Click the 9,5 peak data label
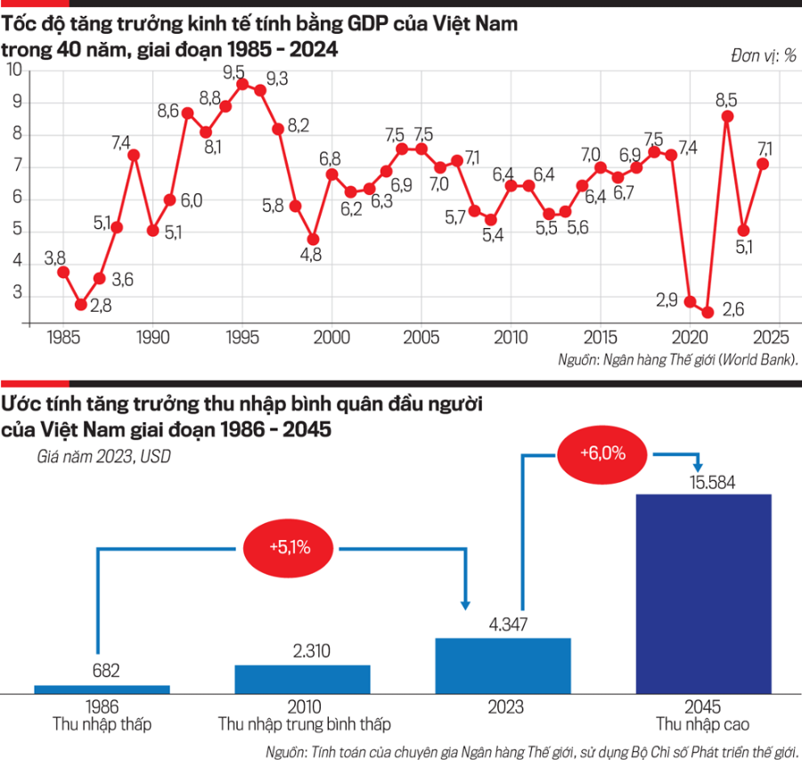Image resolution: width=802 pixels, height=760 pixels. click(234, 71)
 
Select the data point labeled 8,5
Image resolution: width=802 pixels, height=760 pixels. click(728, 116)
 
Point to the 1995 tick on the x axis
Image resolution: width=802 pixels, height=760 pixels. click(241, 339)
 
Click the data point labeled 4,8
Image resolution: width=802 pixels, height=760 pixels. click(313, 240)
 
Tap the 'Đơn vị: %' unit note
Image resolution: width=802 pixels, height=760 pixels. click(764, 55)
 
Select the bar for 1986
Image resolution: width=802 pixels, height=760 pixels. click(102, 689)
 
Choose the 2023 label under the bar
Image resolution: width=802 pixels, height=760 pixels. click(503, 707)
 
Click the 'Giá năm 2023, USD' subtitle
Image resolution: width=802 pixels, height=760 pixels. click(104, 458)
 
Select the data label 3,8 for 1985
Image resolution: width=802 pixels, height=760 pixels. click(54, 258)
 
